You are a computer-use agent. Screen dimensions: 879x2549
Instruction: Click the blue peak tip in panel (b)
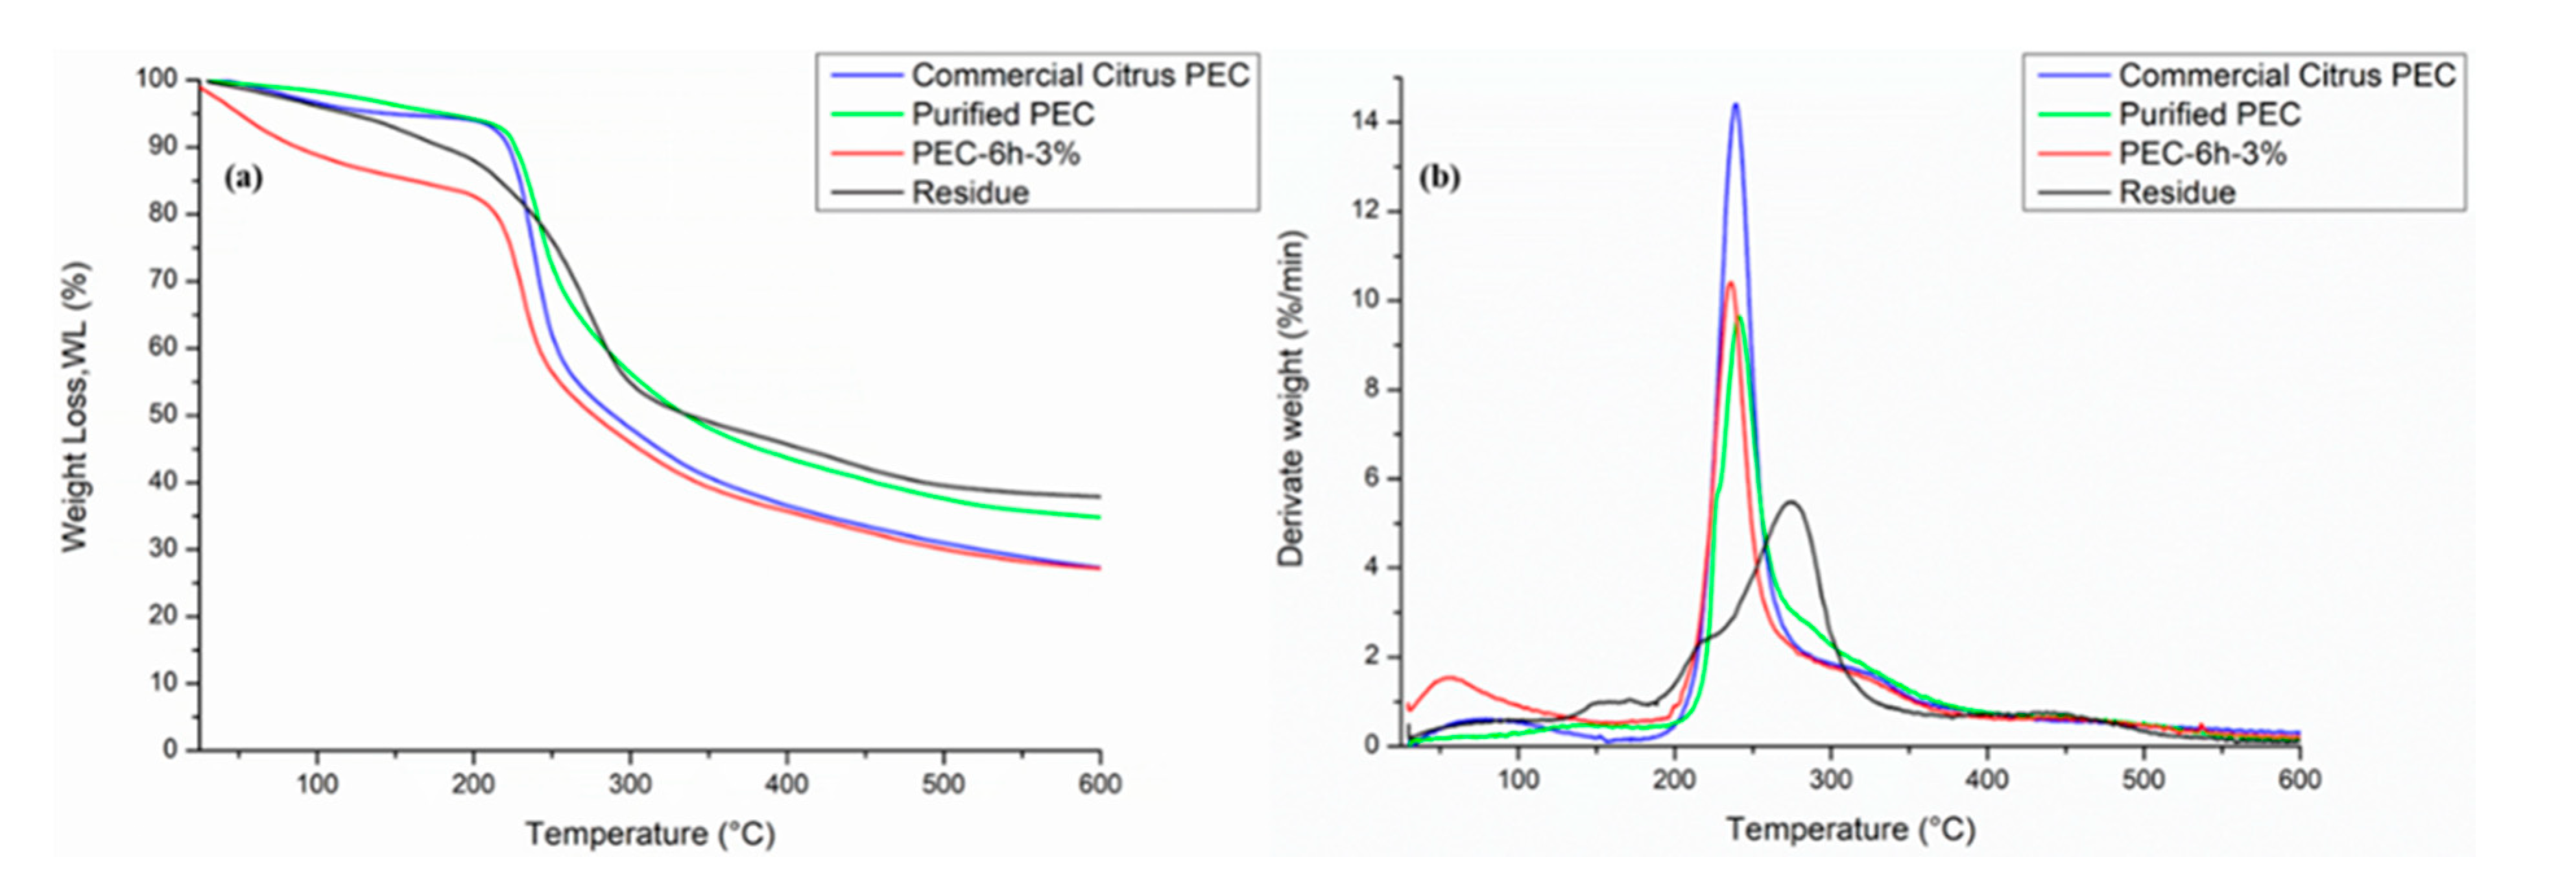coord(1734,105)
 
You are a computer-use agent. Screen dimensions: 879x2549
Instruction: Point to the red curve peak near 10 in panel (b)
coord(1730,283)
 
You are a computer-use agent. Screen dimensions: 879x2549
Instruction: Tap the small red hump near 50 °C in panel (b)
coord(1451,677)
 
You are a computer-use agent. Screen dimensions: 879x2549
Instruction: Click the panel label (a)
coord(243,178)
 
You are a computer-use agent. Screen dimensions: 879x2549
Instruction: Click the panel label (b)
coord(1440,178)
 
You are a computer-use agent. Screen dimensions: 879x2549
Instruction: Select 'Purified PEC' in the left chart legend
coord(1002,115)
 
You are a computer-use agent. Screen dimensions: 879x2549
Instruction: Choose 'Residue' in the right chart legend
coord(2177,193)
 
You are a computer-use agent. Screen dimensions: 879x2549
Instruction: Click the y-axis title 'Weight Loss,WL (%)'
coord(76,406)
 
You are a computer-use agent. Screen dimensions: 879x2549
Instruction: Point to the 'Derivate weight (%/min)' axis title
coord(1291,398)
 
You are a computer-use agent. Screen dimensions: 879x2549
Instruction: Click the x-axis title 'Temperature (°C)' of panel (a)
coord(650,834)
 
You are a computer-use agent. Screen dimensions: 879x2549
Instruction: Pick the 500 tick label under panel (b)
coord(2143,780)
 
